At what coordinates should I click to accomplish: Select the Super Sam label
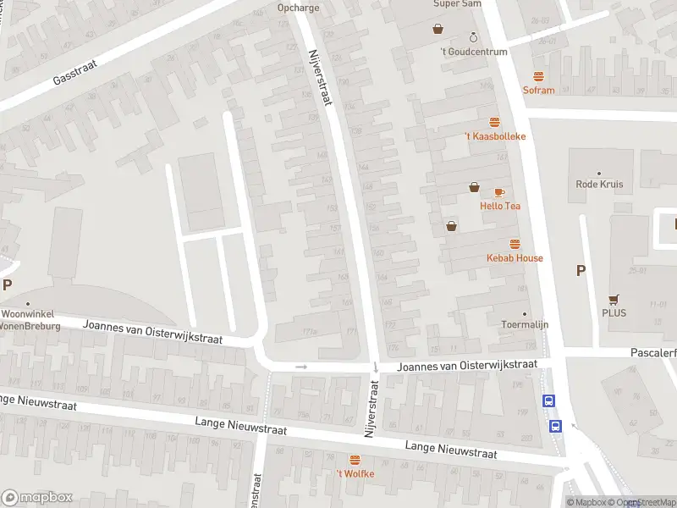click(x=458, y=4)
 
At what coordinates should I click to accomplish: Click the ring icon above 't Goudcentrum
click(x=473, y=37)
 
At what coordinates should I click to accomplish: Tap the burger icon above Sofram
click(x=538, y=76)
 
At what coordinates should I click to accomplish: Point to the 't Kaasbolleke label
click(x=495, y=136)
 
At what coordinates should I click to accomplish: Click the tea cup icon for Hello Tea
click(x=499, y=192)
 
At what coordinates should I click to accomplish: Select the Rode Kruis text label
click(x=599, y=185)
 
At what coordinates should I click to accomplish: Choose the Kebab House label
click(x=515, y=257)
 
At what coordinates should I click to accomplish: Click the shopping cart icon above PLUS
click(x=614, y=299)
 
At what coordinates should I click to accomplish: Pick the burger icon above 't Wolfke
click(x=355, y=460)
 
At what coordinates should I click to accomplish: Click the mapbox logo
click(x=36, y=498)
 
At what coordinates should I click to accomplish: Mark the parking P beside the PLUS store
click(x=581, y=271)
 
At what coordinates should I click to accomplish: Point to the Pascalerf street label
click(x=652, y=351)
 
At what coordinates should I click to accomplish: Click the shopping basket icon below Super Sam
click(x=438, y=28)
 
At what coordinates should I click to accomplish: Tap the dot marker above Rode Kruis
click(x=599, y=173)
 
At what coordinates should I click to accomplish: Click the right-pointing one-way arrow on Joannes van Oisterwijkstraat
click(x=300, y=367)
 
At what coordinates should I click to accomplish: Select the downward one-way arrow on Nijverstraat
click(x=375, y=367)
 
